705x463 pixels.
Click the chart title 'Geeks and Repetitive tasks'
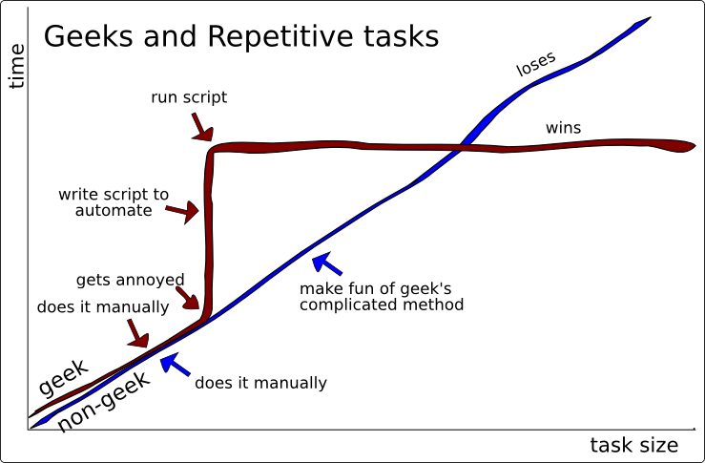point(241,37)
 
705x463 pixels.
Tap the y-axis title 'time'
point(16,66)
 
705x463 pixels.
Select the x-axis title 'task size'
point(633,445)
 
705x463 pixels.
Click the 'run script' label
point(189,97)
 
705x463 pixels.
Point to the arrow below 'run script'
point(201,126)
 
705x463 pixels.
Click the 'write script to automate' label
point(114,202)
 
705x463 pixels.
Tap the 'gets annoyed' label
point(130,280)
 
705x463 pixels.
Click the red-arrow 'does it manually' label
point(102,307)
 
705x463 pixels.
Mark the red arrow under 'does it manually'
point(137,334)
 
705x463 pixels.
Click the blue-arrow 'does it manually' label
point(260,384)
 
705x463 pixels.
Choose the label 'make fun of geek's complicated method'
point(382,297)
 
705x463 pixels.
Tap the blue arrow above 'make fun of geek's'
point(325,263)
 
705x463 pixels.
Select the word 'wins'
point(563,128)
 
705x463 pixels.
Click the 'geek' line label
point(63,378)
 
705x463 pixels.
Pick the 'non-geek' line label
point(103,403)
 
